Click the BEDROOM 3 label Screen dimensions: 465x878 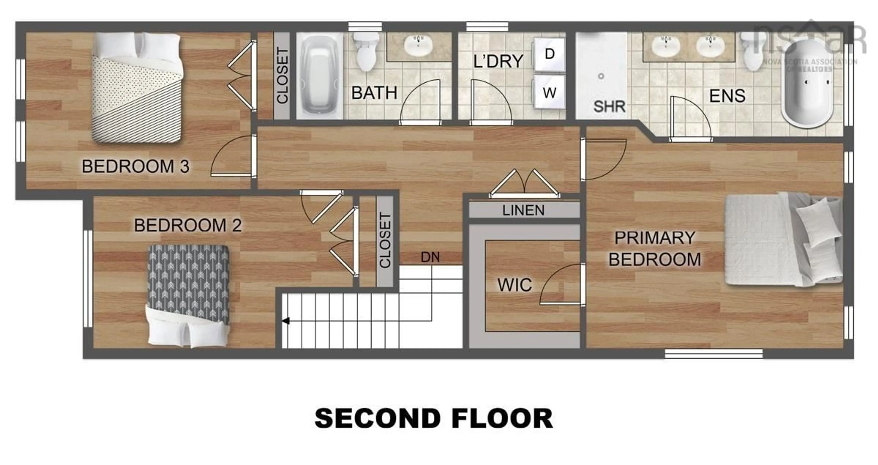tap(135, 167)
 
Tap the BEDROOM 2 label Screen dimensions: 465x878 tap(188, 225)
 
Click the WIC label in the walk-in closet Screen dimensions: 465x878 tap(514, 285)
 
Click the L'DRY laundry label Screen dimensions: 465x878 tap(498, 61)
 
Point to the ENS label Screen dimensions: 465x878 tap(727, 96)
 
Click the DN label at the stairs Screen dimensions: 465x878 tap(430, 257)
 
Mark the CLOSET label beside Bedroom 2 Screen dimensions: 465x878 tap(385, 241)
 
